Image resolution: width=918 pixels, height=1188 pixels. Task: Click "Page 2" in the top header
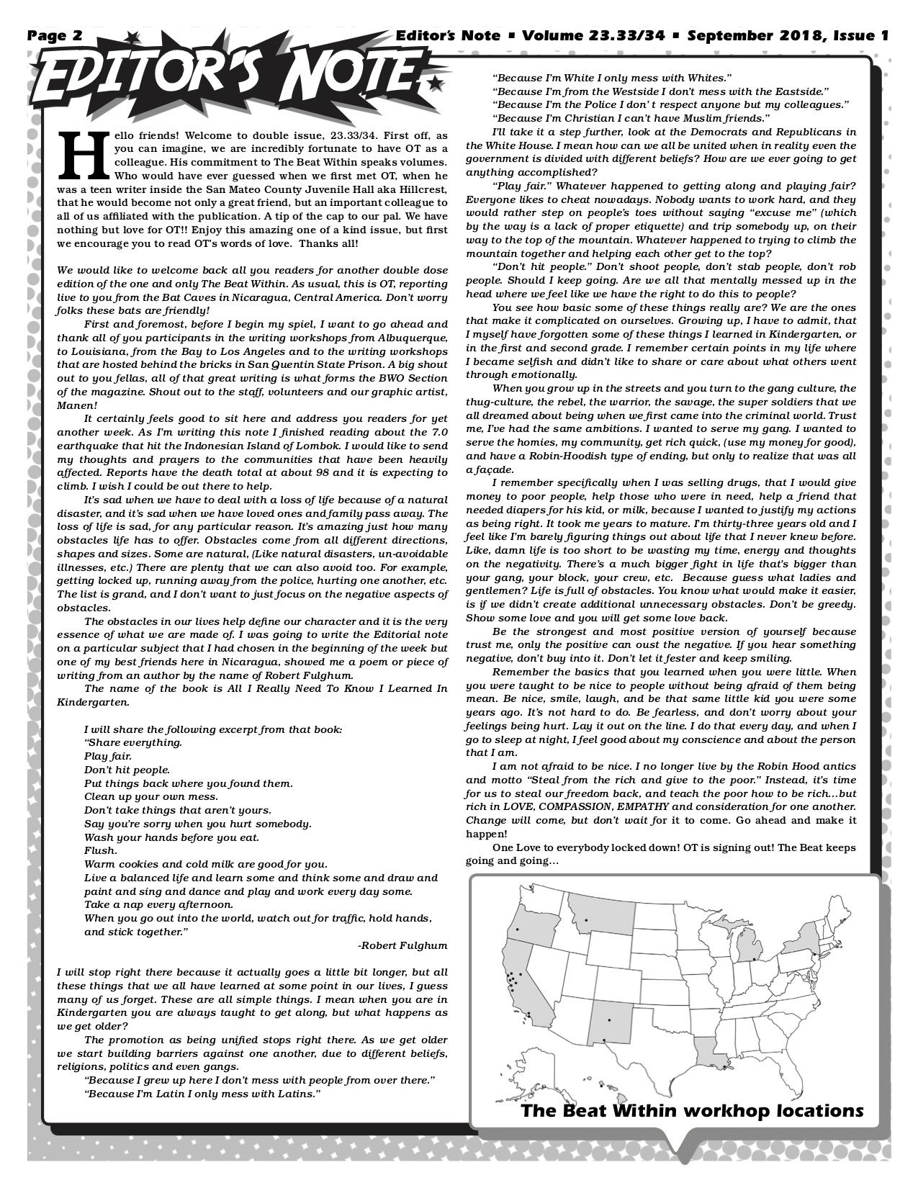click(55, 35)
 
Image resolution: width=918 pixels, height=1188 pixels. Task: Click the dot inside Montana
click(586, 920)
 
